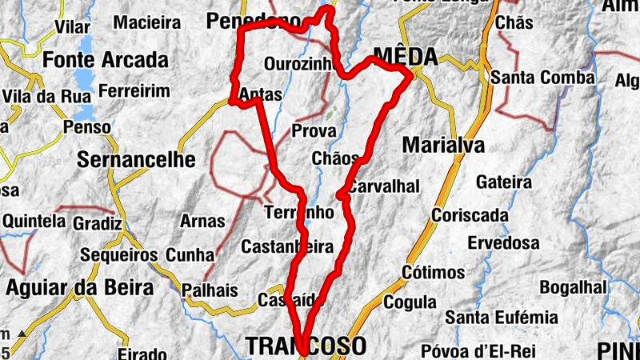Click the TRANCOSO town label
pyautogui.click(x=306, y=346)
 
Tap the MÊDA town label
pyautogui.click(x=406, y=57)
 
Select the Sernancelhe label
pyautogui.click(x=136, y=159)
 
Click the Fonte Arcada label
pyautogui.click(x=106, y=59)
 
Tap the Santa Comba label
pyautogui.click(x=542, y=78)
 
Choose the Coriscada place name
pyautogui.click(x=470, y=215)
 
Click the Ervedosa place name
pyautogui.click(x=503, y=242)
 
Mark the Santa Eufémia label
pyautogui.click(x=502, y=317)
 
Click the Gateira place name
pyautogui.click(x=503, y=182)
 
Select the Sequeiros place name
pyautogui.click(x=119, y=254)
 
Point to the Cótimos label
pyautogui.click(x=434, y=272)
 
